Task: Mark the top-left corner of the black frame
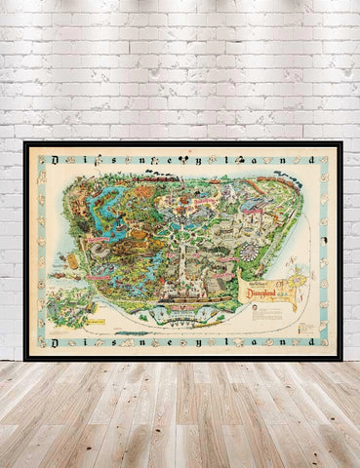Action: pyautogui.click(x=25, y=143)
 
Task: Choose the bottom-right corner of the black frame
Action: pyautogui.click(x=340, y=359)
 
